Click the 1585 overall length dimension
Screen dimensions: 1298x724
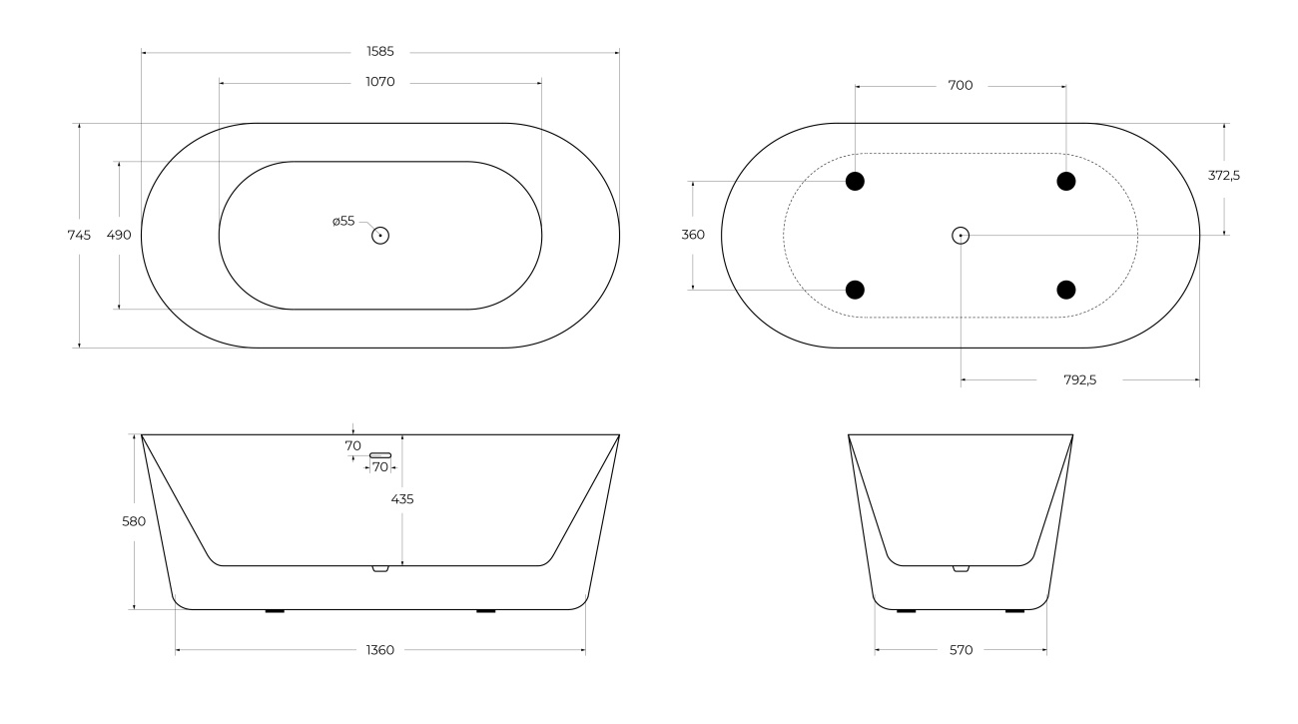pos(380,52)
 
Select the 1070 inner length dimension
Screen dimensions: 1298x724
pos(380,82)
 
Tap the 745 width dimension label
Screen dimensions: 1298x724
pos(79,235)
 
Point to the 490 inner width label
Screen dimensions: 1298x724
pos(119,235)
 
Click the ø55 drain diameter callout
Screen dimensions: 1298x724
pos(343,221)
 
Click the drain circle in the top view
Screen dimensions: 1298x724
pos(380,236)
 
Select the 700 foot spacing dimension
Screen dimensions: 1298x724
pos(961,85)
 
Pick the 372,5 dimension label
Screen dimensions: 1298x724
pos(1224,175)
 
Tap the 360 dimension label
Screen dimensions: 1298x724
pos(693,235)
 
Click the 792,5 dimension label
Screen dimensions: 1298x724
pos(1080,380)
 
